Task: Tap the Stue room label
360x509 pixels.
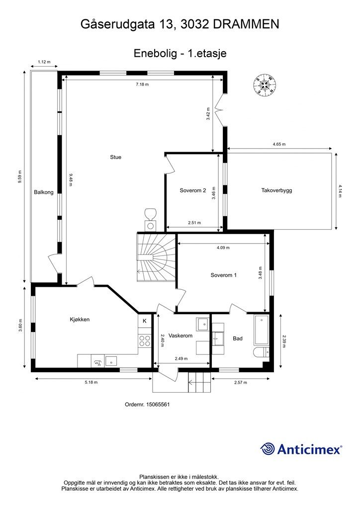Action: coord(115,157)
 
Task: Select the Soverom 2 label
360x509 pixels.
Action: coord(193,190)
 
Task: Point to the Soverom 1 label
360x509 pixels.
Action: coord(224,275)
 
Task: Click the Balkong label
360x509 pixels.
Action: coord(43,192)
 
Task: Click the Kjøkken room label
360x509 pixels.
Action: coord(80,320)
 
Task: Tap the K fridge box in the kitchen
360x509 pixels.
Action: coord(145,321)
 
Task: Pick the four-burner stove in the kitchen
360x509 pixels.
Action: coord(145,341)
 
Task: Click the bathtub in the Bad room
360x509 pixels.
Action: coord(262,330)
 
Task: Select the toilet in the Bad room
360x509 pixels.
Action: coord(262,352)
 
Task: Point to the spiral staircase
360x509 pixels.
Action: coord(157,258)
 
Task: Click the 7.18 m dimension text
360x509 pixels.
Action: coord(142,85)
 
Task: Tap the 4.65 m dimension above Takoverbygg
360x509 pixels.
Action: coord(279,144)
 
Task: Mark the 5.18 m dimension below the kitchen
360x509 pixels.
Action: coord(91,382)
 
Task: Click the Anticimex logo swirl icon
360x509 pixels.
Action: coord(267,449)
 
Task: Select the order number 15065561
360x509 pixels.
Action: coord(158,405)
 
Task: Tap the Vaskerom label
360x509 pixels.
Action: coord(180,336)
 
